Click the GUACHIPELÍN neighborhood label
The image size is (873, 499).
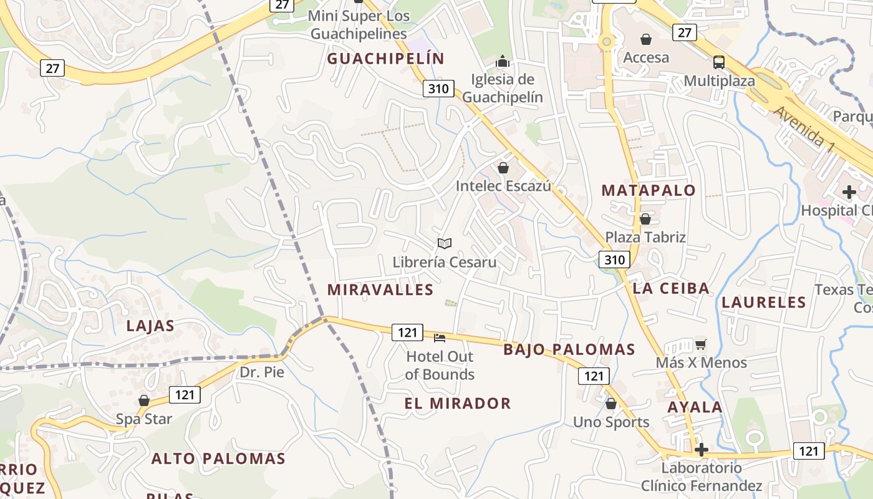[x=385, y=59]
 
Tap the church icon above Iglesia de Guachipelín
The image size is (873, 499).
[x=503, y=61]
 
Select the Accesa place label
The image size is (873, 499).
[x=646, y=57]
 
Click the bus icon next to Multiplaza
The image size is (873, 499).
[x=719, y=62]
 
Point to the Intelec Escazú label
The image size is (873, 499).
[x=503, y=186]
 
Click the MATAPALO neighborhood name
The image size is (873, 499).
[x=648, y=191]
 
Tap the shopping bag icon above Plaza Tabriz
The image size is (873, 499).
[x=645, y=219]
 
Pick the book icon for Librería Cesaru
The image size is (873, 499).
[x=444, y=243]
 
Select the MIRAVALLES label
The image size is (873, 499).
[x=380, y=289]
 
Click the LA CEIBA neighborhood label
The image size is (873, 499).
[x=671, y=288]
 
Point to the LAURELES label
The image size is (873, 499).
[x=763, y=303]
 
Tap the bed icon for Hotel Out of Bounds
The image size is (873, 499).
[x=440, y=338]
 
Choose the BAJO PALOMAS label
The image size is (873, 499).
[x=569, y=349]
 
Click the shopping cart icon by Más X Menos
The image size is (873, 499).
[x=701, y=344]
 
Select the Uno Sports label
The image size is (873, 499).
[x=611, y=422]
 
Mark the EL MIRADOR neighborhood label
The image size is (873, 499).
[x=458, y=404]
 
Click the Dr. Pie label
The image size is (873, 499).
[x=262, y=372]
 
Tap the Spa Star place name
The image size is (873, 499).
[x=143, y=419]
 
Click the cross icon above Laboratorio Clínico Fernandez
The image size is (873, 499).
[x=702, y=450]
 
